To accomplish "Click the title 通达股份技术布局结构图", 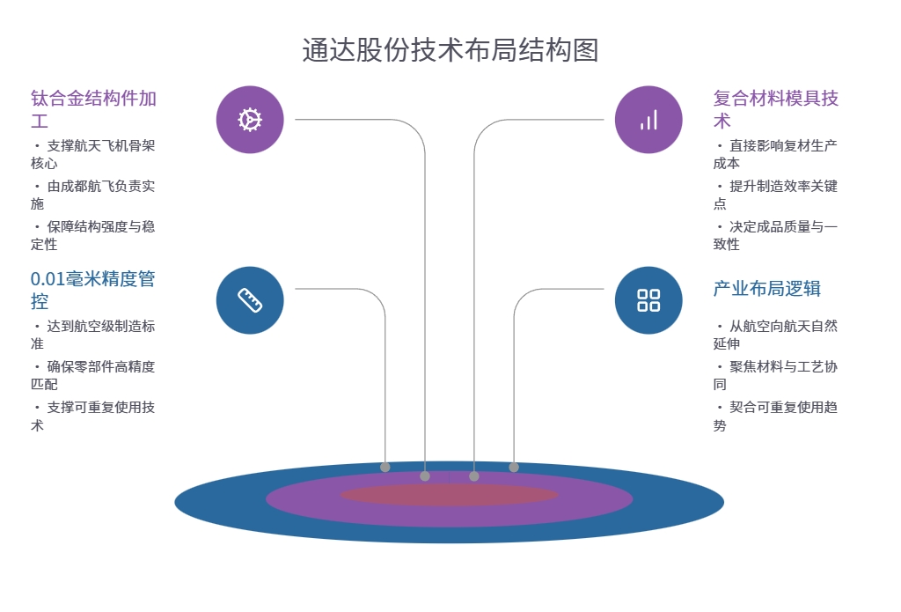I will pyautogui.click(x=450, y=50).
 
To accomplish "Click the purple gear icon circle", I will pyautogui.click(x=250, y=120).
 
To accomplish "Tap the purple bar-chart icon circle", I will pyautogui.click(x=648, y=120).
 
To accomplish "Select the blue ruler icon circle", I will pyautogui.click(x=250, y=300).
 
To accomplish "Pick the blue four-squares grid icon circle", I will pyautogui.click(x=648, y=300).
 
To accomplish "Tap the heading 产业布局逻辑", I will pyautogui.click(x=766, y=289).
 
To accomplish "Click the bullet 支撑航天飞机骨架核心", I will pyautogui.click(x=92, y=154).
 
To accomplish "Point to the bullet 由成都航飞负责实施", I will pyautogui.click(x=92, y=195).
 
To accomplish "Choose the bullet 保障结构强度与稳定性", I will pyautogui.click(x=92, y=235).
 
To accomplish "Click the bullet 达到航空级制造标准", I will pyautogui.click(x=92, y=335).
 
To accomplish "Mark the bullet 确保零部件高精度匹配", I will pyautogui.click(x=92, y=375).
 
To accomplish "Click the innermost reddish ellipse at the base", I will pyautogui.click(x=449, y=495).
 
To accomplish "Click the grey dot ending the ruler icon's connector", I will pyautogui.click(x=385, y=467).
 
